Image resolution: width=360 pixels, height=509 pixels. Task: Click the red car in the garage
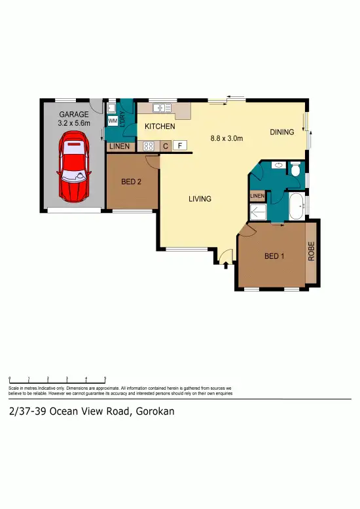click(73, 168)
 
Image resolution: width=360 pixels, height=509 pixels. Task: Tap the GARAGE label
click(73, 113)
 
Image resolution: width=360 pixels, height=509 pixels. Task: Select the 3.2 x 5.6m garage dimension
click(73, 122)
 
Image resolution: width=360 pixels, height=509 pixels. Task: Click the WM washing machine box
click(112, 121)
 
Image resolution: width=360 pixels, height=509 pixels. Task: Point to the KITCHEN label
click(160, 126)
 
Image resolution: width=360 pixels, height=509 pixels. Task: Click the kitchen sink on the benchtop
click(160, 108)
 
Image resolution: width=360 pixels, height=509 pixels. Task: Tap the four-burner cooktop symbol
click(149, 147)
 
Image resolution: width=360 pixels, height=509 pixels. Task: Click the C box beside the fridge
click(166, 146)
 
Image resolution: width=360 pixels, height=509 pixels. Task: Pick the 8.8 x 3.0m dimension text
click(226, 138)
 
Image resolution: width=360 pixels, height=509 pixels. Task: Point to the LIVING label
click(200, 198)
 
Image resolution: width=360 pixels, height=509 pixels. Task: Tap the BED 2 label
click(132, 182)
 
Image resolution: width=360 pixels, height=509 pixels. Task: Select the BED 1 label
click(274, 256)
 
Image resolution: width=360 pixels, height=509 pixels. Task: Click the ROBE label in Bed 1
click(312, 252)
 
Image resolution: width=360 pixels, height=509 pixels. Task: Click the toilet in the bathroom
click(295, 170)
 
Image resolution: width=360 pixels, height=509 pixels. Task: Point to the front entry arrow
click(225, 265)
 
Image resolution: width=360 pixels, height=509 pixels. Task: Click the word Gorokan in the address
click(156, 411)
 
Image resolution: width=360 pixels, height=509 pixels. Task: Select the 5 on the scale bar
click(105, 379)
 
